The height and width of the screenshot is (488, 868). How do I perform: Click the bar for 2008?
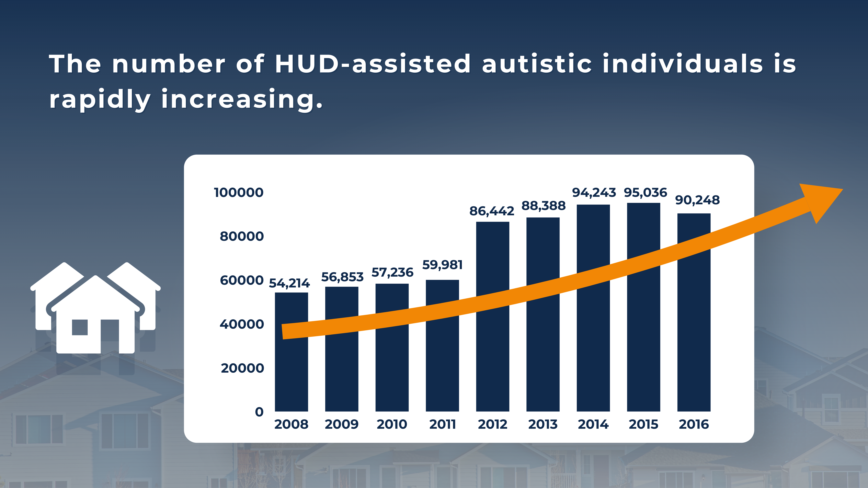pyautogui.click(x=292, y=352)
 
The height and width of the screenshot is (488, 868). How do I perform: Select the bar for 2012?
pyautogui.click(x=493, y=317)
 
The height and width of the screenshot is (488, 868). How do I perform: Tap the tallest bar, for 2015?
pyautogui.click(x=644, y=307)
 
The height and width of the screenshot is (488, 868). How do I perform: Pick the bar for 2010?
pyautogui.click(x=392, y=348)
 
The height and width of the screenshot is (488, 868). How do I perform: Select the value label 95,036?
pyautogui.click(x=645, y=193)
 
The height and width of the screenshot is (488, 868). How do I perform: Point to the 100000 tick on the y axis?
pyautogui.click(x=239, y=193)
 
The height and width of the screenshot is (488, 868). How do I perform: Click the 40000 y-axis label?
pyautogui.click(x=242, y=324)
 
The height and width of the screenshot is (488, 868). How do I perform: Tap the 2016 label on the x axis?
pyautogui.click(x=694, y=424)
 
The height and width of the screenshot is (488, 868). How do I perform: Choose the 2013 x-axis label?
pyautogui.click(x=543, y=424)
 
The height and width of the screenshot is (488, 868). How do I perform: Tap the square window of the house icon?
pyautogui.click(x=80, y=327)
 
